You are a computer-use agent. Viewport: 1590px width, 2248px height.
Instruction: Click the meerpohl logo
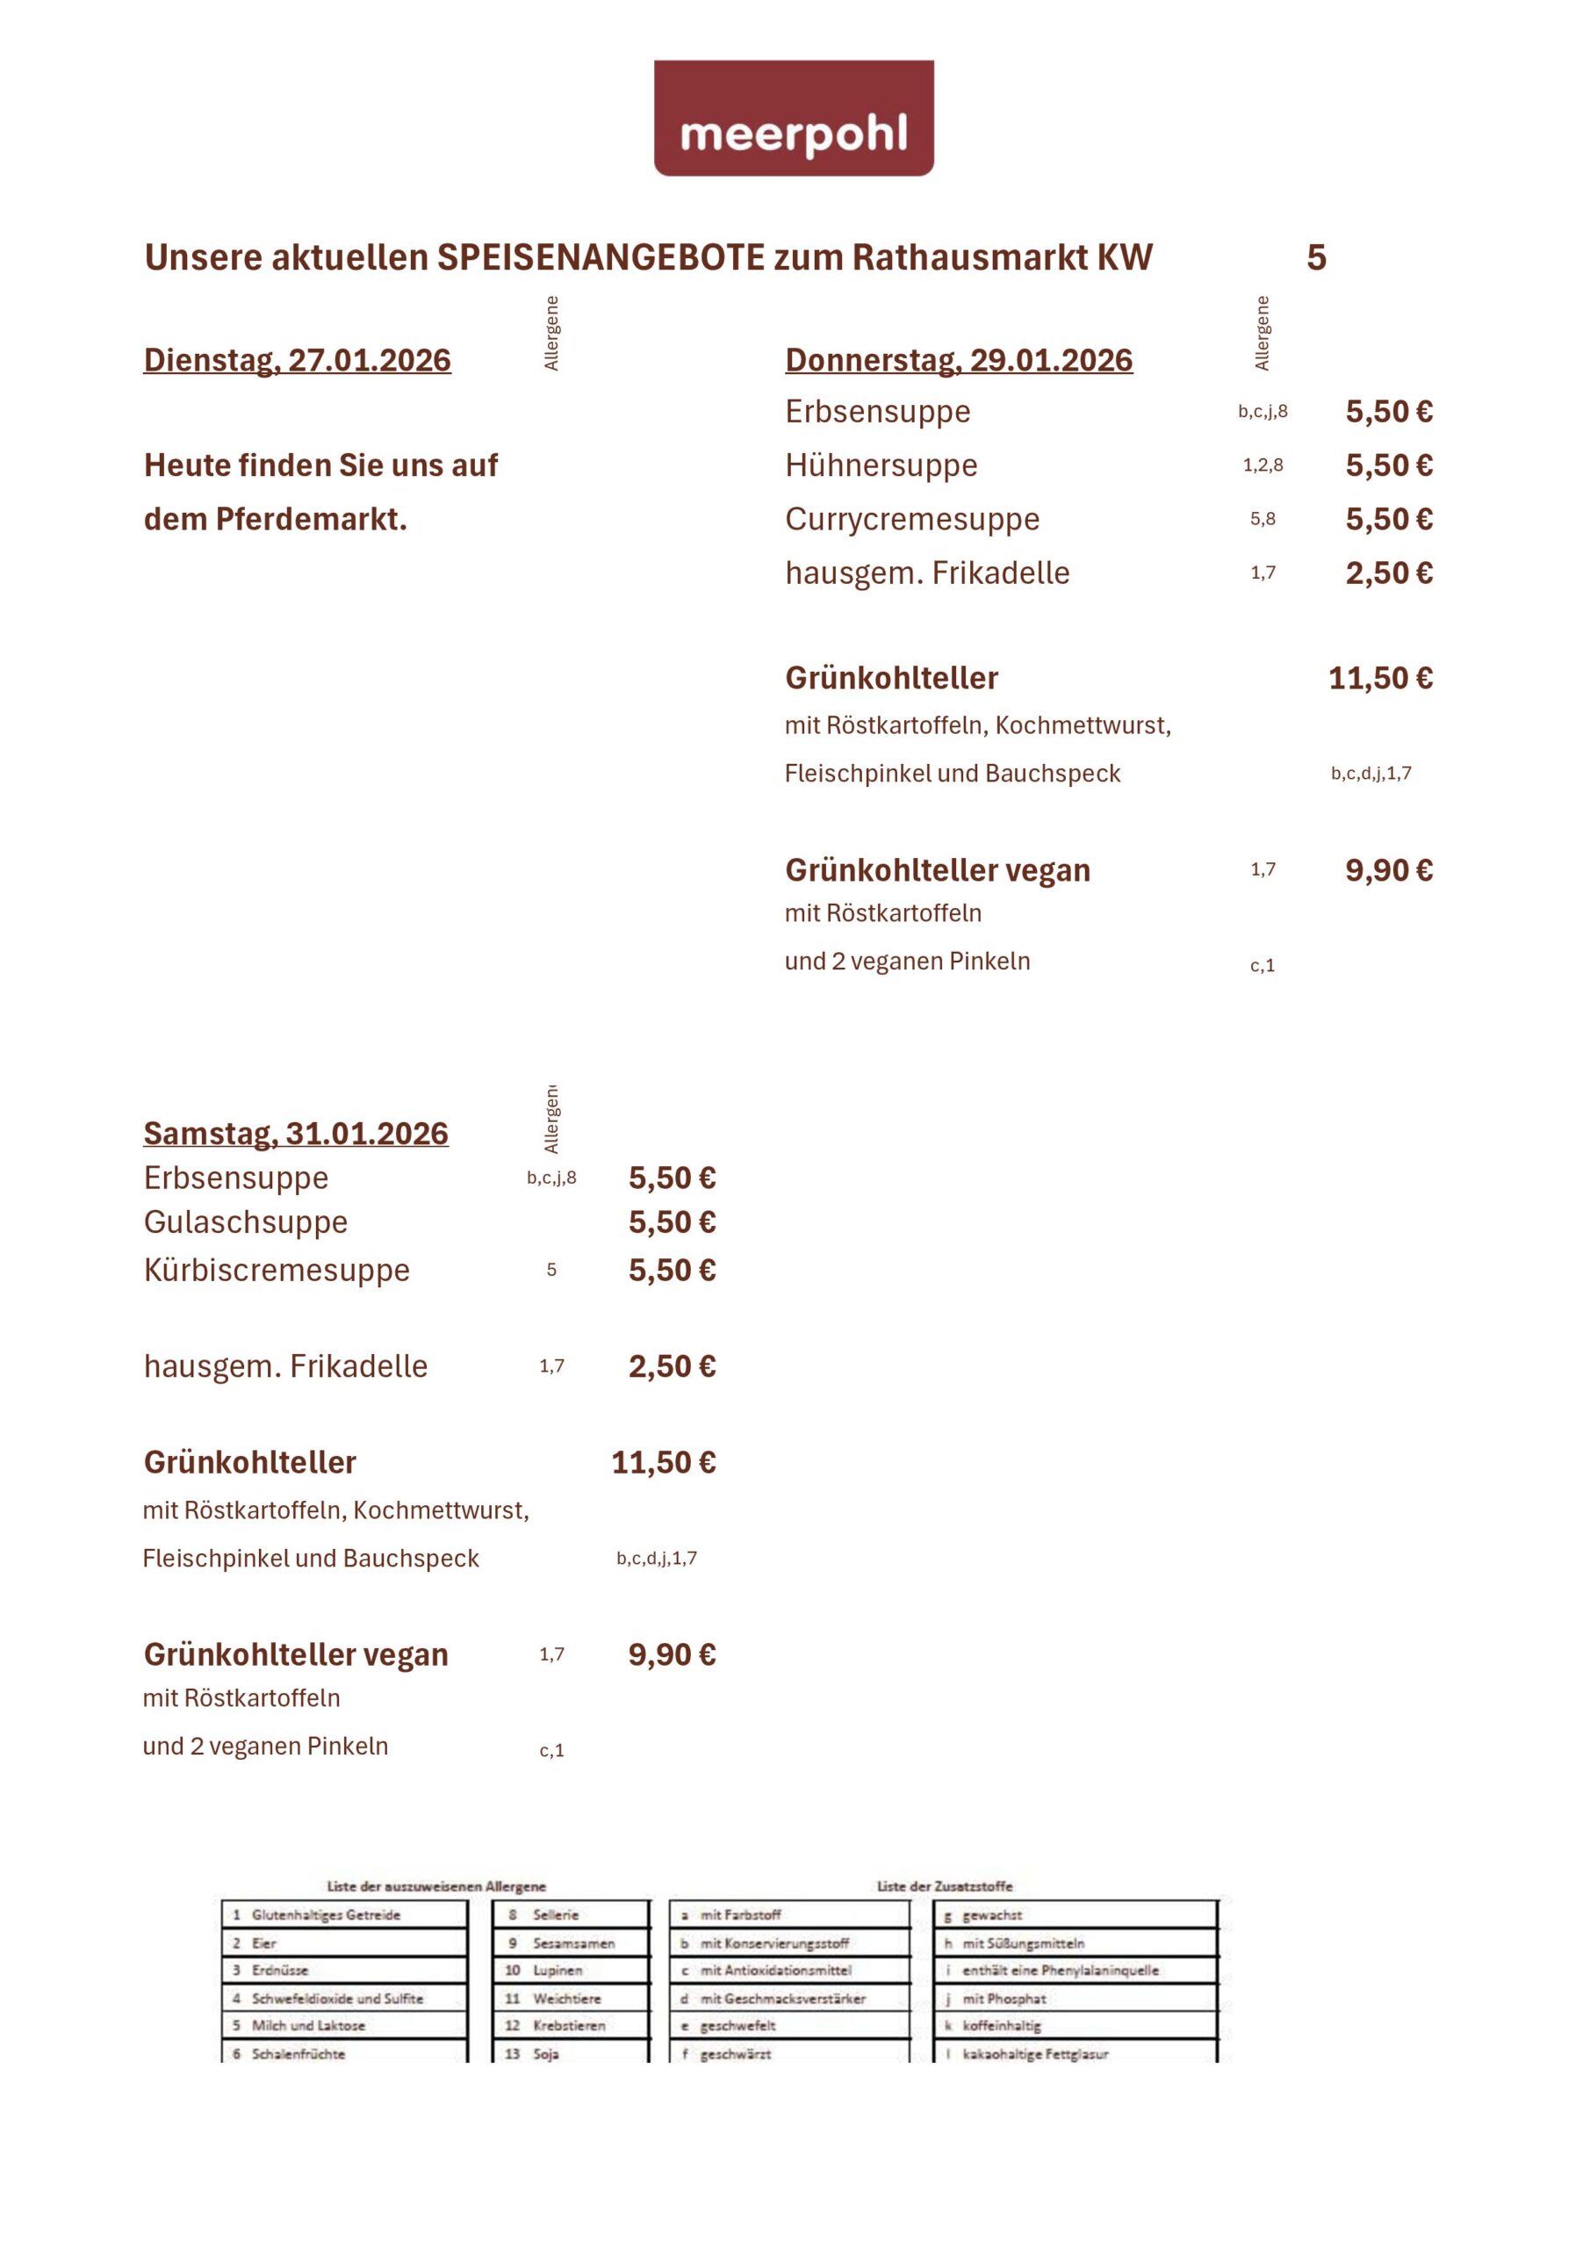coord(793,119)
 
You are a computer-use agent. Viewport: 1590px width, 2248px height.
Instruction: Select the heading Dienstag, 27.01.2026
coord(297,360)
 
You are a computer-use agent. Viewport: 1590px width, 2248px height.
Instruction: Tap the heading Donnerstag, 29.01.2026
coord(959,360)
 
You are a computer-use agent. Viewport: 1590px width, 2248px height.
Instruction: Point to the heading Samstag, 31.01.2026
coord(296,1133)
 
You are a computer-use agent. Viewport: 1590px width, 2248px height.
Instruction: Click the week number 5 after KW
coord(1316,257)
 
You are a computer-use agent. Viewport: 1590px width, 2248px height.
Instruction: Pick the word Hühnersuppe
coord(881,465)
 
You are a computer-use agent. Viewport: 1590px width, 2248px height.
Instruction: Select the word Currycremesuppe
coord(911,519)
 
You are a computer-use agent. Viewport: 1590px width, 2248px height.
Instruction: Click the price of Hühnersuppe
coord(1388,465)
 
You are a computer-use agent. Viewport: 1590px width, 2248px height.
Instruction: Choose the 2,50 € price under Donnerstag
coord(1388,573)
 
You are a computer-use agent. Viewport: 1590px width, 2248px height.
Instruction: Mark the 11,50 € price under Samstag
coord(663,1462)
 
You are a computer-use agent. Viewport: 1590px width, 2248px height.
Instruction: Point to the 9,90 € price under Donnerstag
coord(1388,869)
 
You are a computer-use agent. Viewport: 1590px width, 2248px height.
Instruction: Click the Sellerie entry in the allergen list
coord(555,1914)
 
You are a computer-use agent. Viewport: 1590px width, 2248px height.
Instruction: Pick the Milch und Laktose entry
coord(307,2025)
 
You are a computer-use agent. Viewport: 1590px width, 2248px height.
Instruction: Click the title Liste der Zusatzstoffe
coord(944,1885)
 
